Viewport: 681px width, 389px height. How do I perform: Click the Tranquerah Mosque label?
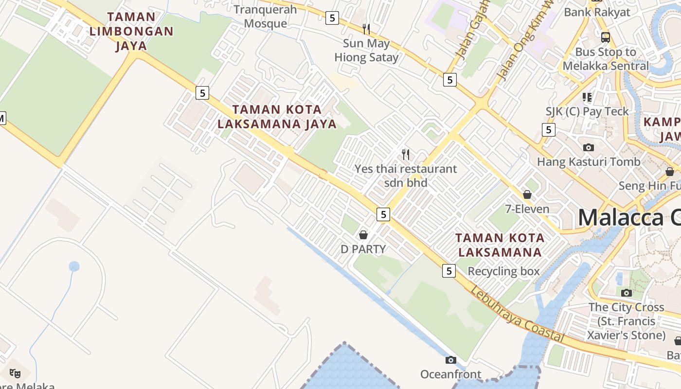[x=265, y=17]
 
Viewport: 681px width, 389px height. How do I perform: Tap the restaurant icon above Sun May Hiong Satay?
[x=366, y=29]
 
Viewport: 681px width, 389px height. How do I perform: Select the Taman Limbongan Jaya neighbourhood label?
[x=131, y=31]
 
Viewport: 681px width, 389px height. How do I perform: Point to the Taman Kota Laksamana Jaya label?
[x=277, y=117]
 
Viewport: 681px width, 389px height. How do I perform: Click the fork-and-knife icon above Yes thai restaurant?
[x=406, y=155]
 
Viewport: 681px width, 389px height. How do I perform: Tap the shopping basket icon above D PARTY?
[x=363, y=235]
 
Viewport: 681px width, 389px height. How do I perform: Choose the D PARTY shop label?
[x=363, y=249]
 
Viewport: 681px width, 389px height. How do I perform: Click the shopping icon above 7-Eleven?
[x=527, y=195]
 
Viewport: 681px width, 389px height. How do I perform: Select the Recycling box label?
[x=503, y=271]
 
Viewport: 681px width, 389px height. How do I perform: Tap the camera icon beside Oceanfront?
[x=451, y=360]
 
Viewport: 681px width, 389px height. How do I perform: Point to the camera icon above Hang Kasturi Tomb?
[x=589, y=147]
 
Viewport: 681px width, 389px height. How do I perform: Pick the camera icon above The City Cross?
[x=627, y=293]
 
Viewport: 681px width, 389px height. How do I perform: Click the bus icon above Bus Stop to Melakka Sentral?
[x=606, y=37]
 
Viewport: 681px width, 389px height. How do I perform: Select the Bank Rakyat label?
[x=597, y=12]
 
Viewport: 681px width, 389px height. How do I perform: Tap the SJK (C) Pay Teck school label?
[x=587, y=111]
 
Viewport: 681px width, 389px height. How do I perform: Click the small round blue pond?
[x=74, y=266]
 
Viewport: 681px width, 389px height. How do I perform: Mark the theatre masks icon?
[x=15, y=373]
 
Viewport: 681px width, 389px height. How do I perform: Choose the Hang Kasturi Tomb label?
[x=589, y=161]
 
